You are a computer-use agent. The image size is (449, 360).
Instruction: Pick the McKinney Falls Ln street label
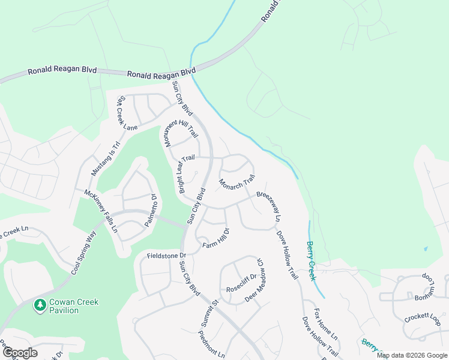click(100, 211)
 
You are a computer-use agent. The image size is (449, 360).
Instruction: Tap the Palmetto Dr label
click(150, 210)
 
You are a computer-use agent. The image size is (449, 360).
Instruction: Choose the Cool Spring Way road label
click(83, 252)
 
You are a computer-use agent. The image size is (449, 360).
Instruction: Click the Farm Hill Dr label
click(216, 238)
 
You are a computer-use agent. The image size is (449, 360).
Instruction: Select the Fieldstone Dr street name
click(167, 256)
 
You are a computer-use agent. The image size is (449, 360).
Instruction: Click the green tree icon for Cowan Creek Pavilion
click(40, 305)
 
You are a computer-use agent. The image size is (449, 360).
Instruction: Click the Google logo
click(20, 352)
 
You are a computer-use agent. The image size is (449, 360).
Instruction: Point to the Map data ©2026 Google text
click(412, 355)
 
